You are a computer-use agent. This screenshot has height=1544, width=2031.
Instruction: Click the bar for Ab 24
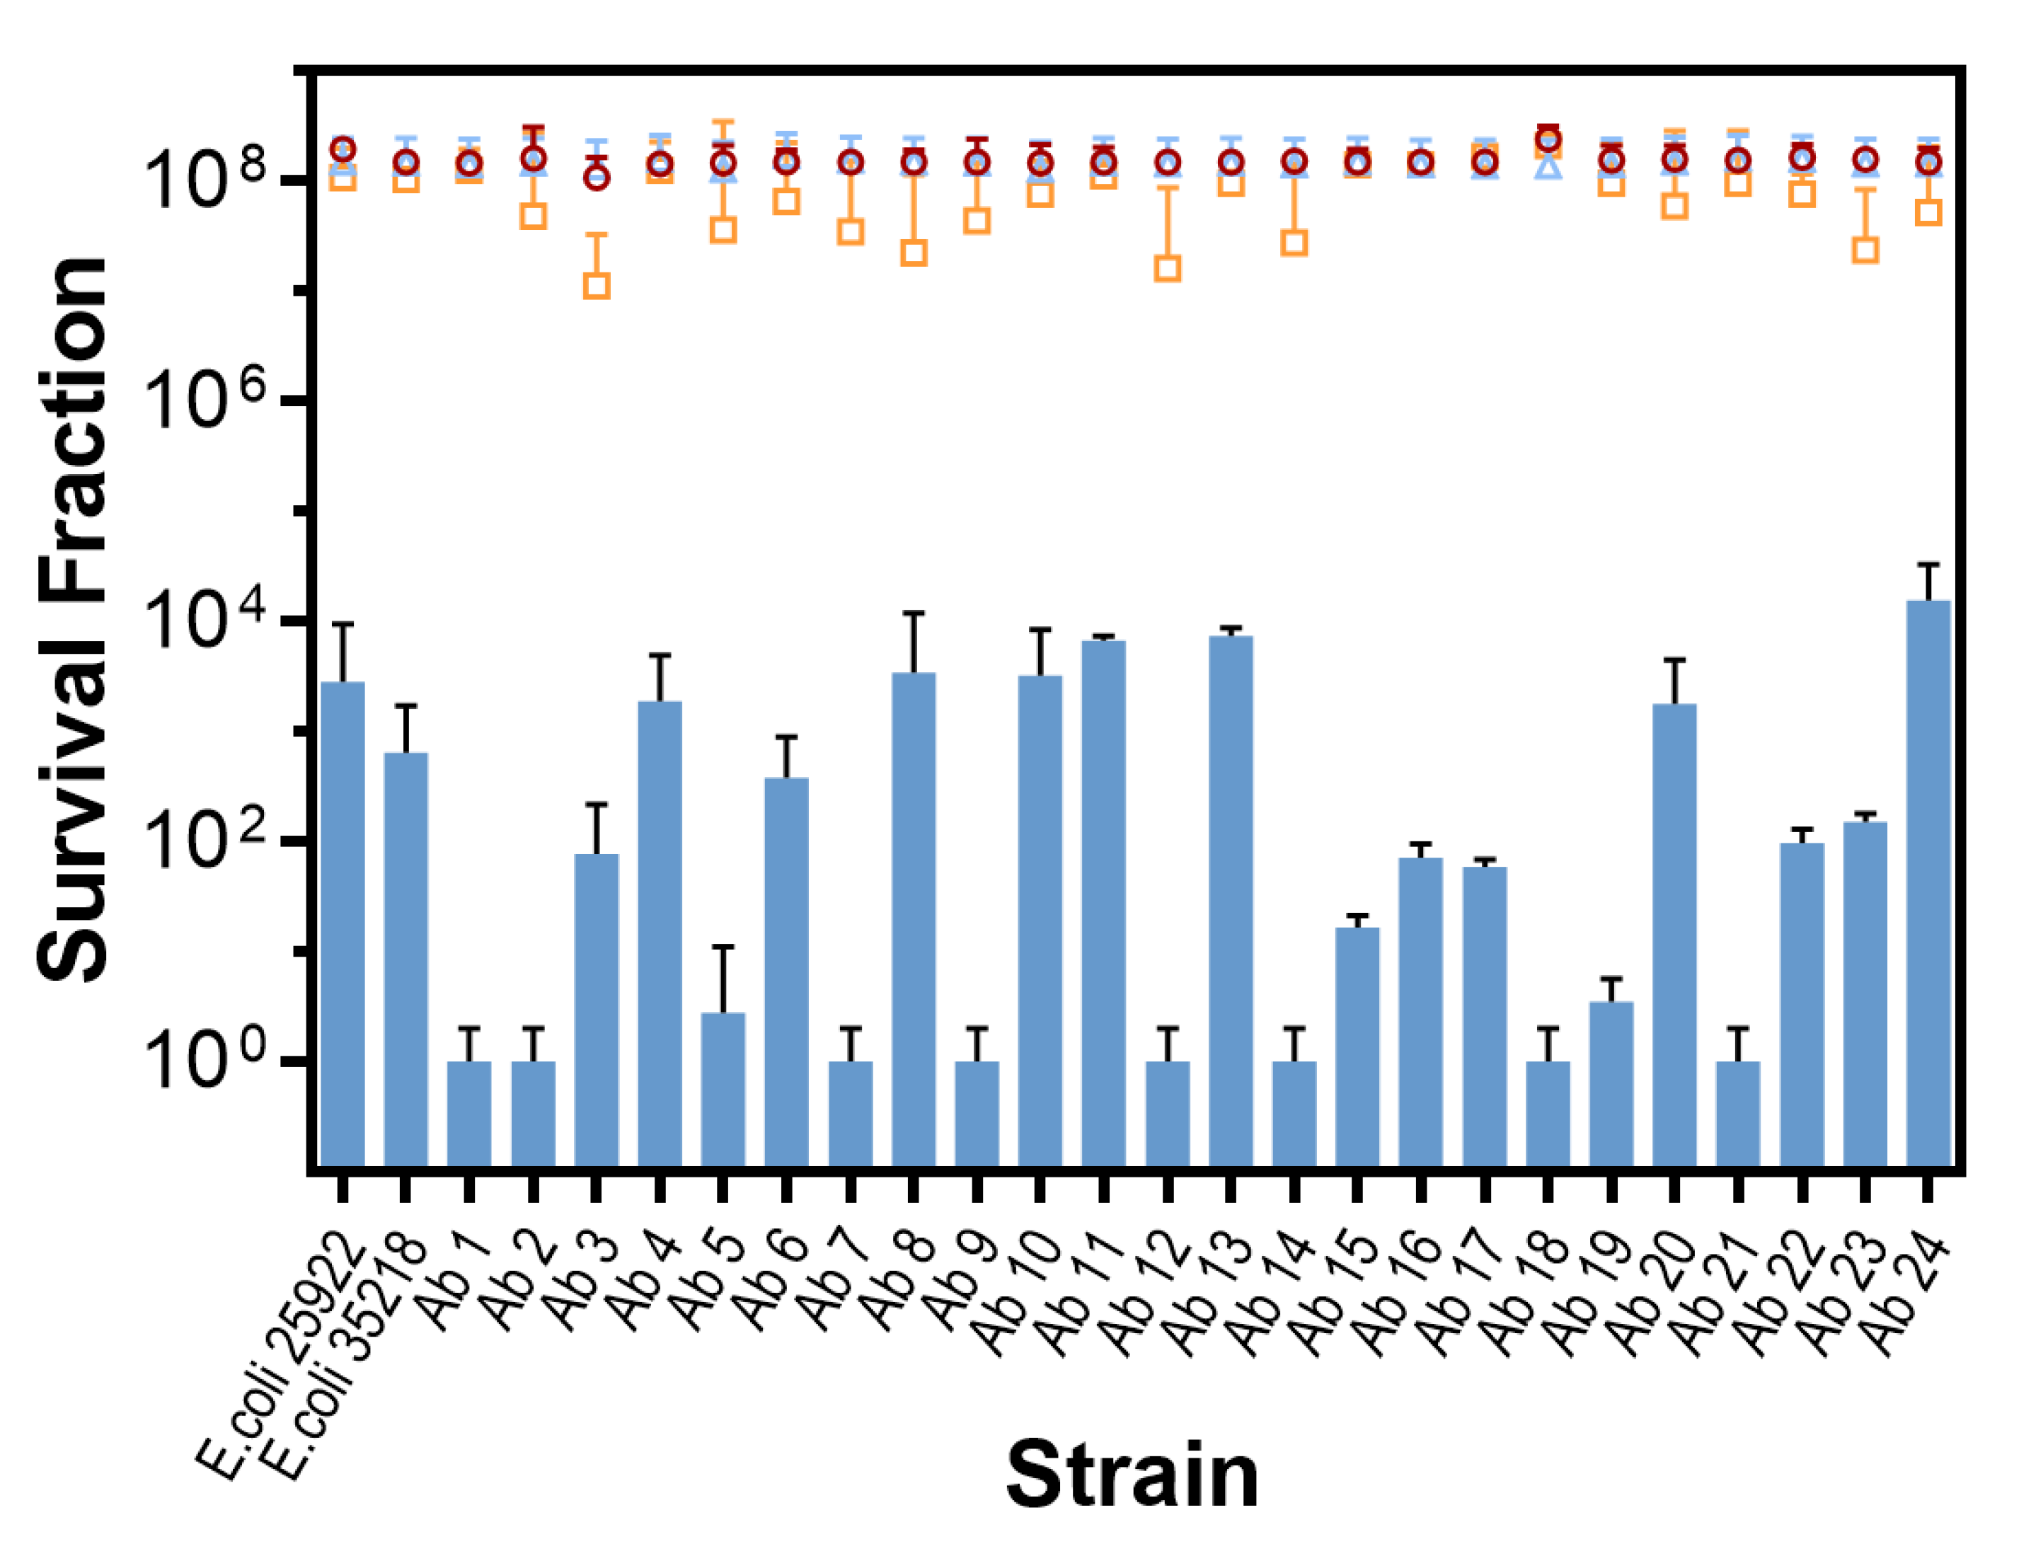click(1928, 882)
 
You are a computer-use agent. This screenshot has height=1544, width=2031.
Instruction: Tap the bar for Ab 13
click(1231, 901)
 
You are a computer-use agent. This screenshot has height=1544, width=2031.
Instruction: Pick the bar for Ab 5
click(723, 1089)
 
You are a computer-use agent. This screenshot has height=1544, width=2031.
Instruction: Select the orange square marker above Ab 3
click(597, 286)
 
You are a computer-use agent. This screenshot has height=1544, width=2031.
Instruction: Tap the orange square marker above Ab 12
click(1167, 268)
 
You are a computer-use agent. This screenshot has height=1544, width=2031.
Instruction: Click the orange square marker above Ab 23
click(1865, 250)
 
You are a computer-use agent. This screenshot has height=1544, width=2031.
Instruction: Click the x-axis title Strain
click(1132, 1475)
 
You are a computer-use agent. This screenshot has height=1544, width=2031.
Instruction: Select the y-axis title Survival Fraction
click(74, 621)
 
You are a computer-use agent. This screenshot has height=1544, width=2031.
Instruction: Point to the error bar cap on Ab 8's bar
click(914, 613)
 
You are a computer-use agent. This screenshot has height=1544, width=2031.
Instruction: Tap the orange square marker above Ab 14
click(1294, 243)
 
